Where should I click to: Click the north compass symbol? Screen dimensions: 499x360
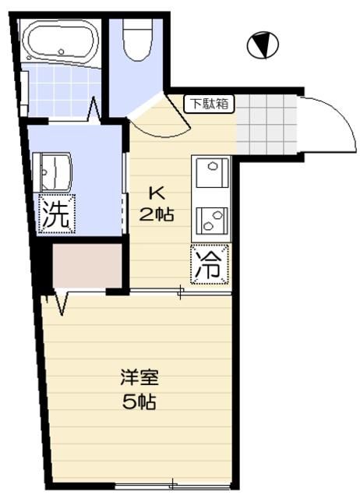(x=263, y=45)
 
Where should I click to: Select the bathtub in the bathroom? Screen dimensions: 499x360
(x=58, y=43)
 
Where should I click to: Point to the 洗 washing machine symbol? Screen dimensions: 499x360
(x=55, y=215)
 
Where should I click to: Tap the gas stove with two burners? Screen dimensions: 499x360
(x=211, y=219)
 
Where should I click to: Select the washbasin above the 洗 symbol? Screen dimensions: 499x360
(x=55, y=167)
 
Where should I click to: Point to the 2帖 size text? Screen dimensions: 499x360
(x=156, y=215)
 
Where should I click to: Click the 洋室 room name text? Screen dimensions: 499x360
(x=139, y=380)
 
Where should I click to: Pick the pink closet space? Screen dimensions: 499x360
(x=86, y=267)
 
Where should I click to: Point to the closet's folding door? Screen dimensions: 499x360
(x=58, y=301)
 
